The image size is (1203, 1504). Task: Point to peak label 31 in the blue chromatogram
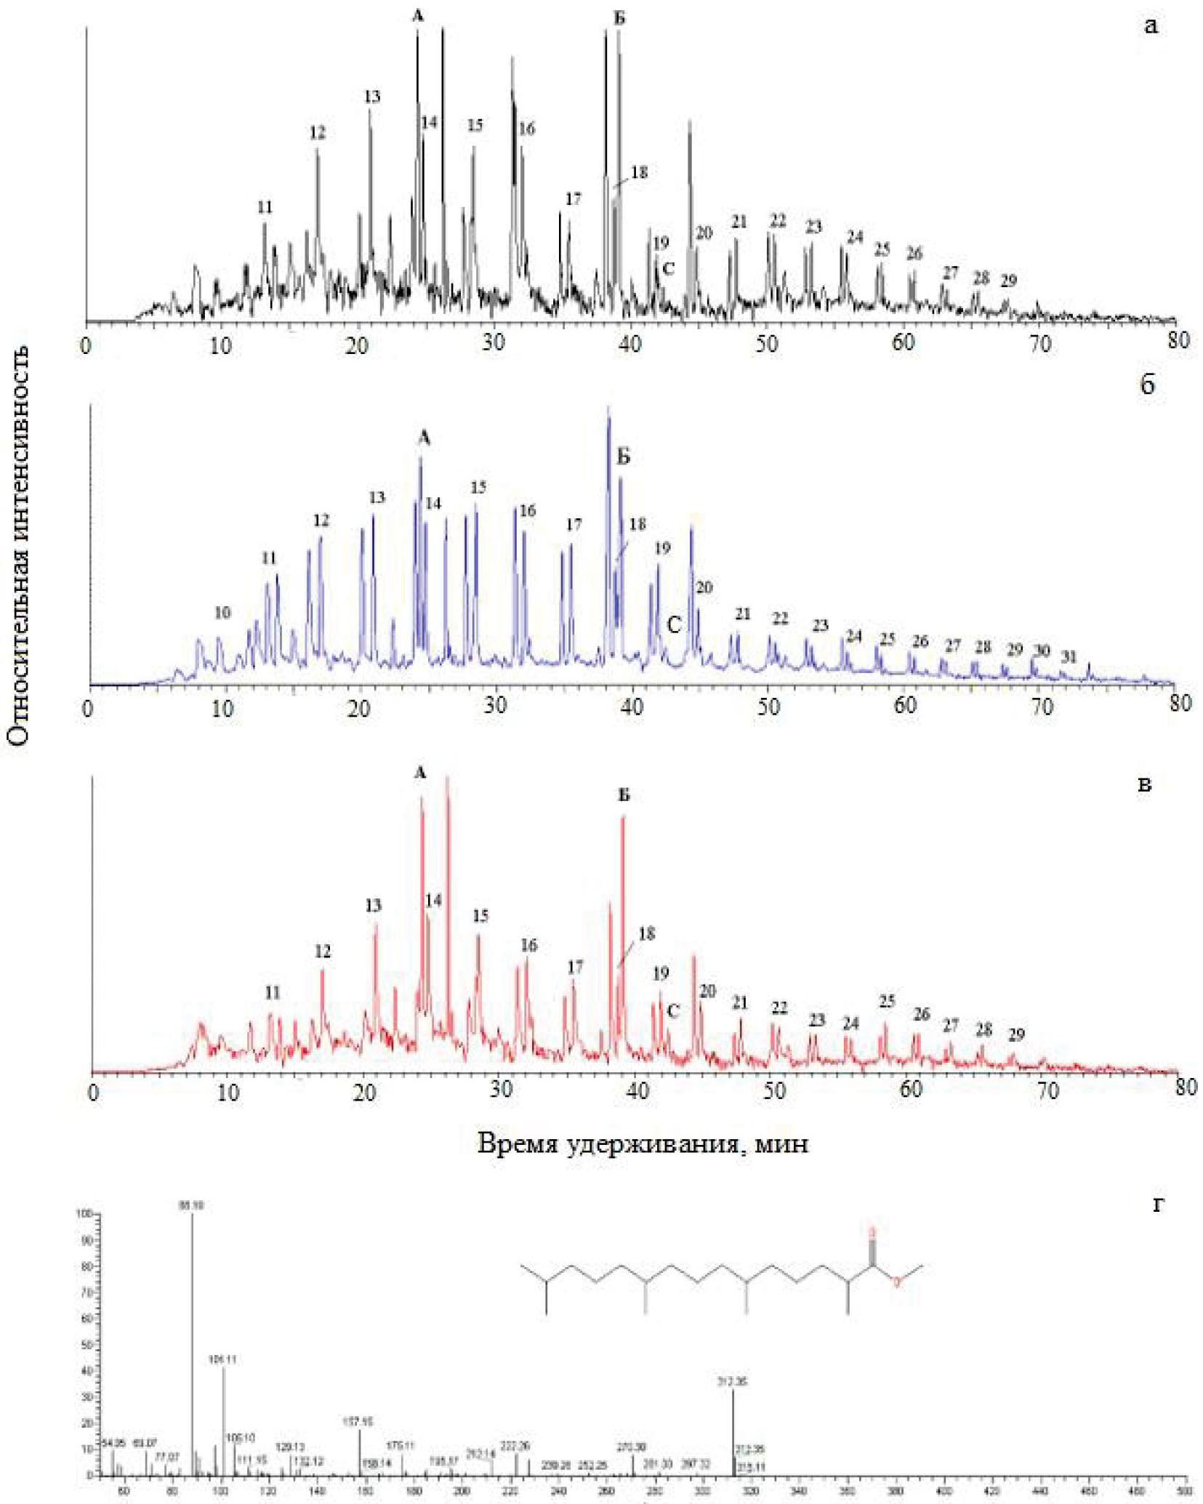pyautogui.click(x=1068, y=656)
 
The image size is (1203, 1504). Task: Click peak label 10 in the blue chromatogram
pyautogui.click(x=222, y=613)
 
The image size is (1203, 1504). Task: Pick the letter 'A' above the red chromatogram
pyautogui.click(x=419, y=774)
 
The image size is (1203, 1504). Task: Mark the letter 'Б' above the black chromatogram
pyautogui.click(x=619, y=19)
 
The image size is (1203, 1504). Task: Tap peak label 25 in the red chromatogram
pyautogui.click(x=887, y=1002)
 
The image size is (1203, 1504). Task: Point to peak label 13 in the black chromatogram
pyautogui.click(x=372, y=97)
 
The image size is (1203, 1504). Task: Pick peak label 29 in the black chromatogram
pyautogui.click(x=1008, y=280)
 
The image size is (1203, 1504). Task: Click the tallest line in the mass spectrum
pyautogui.click(x=193, y=1345)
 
